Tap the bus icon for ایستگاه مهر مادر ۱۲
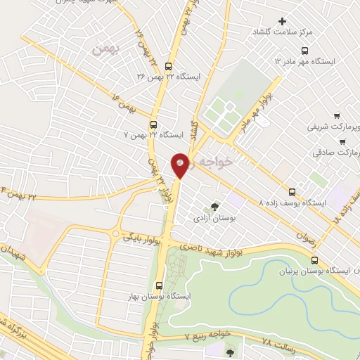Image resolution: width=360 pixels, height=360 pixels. click(x=304, y=50)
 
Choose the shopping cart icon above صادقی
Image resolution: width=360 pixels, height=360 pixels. click(x=342, y=140)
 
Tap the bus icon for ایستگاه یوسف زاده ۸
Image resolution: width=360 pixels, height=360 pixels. click(x=292, y=191)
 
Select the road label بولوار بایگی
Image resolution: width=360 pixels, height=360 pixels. click(x=143, y=237)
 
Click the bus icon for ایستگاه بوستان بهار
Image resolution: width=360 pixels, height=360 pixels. click(x=160, y=286)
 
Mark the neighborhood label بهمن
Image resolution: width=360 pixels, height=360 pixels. click(x=101, y=49)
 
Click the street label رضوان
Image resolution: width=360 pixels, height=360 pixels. click(x=316, y=243)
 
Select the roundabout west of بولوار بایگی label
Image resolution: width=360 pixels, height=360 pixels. click(x=114, y=234)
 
